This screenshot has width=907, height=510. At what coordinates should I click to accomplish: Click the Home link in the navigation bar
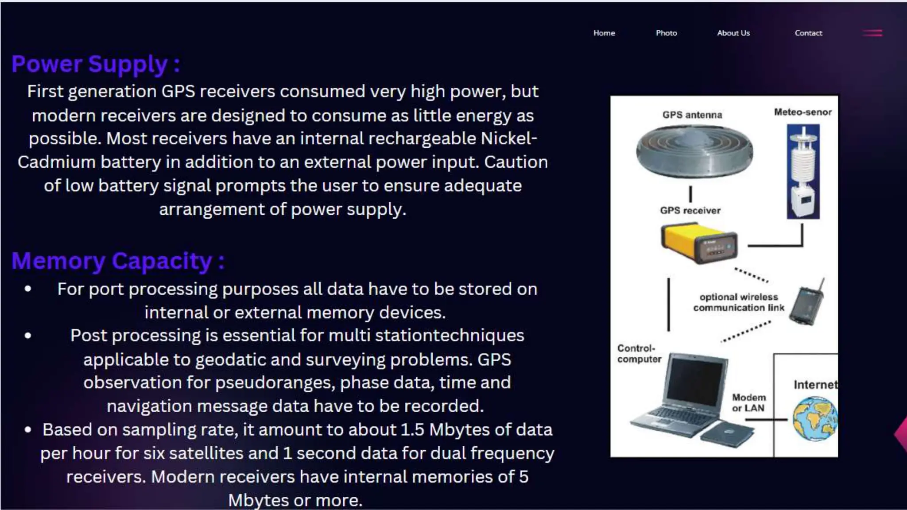[x=604, y=33]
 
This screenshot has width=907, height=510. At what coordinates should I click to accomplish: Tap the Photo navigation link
[x=666, y=33]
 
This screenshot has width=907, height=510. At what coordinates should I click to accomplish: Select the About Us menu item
[x=733, y=33]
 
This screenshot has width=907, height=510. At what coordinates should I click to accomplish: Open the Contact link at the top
[x=808, y=33]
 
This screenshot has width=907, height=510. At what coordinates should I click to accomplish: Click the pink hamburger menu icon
[x=872, y=33]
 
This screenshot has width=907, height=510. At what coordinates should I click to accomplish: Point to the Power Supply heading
[x=96, y=64]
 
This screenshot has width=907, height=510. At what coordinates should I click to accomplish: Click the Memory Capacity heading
[x=118, y=261]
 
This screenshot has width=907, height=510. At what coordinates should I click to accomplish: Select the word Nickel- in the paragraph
[x=509, y=139]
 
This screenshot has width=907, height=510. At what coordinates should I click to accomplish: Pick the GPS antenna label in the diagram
[x=692, y=115]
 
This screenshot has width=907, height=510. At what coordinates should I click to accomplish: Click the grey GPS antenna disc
[x=694, y=152]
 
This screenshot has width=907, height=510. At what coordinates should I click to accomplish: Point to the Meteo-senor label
[x=802, y=112]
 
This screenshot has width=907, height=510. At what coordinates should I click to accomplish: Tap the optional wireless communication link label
[x=739, y=302]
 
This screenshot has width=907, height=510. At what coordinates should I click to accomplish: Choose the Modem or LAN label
[x=748, y=403]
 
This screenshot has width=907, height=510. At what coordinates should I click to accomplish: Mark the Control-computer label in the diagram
[x=639, y=354]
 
